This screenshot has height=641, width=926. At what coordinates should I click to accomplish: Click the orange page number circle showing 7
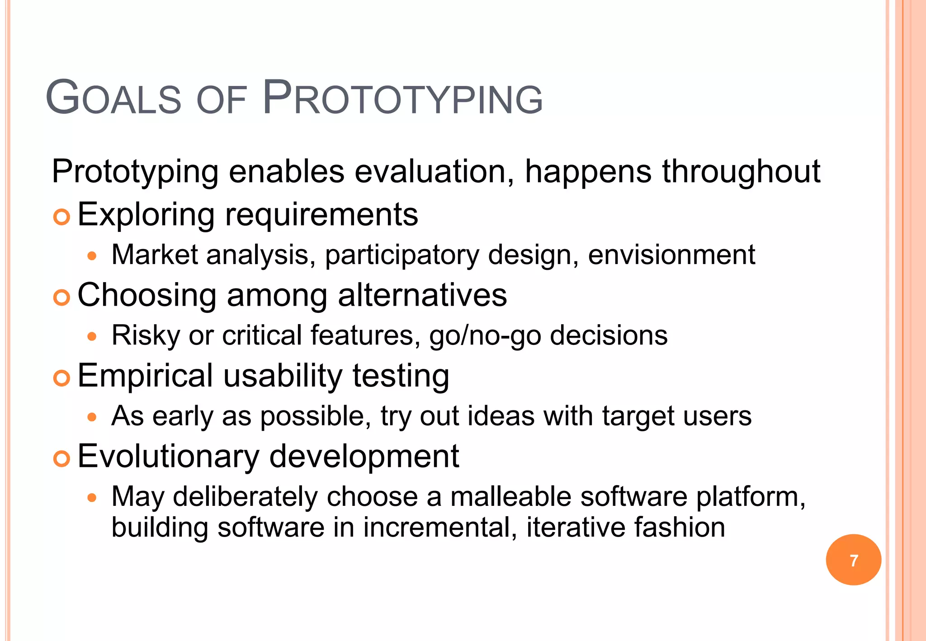853,560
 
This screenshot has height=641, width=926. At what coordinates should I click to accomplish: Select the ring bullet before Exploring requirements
61,217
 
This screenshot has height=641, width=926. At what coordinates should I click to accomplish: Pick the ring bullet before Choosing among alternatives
61,298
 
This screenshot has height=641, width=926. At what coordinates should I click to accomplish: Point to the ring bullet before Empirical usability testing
61,378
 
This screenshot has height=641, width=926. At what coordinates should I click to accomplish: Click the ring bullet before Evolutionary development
61,459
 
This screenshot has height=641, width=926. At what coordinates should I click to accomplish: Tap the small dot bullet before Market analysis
92,256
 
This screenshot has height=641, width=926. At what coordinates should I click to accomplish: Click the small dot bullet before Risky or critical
92,337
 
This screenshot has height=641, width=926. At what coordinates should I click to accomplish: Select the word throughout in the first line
741,172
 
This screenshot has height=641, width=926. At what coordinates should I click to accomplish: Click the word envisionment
671,255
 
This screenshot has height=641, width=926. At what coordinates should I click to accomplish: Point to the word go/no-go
485,336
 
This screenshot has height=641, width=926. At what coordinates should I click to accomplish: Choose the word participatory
402,255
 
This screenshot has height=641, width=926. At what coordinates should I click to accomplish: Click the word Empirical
145,376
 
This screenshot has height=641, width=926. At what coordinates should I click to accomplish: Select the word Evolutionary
168,457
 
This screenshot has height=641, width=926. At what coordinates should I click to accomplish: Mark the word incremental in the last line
439,527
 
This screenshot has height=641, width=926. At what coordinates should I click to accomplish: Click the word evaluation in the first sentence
434,172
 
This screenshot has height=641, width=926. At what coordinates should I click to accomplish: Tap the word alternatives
422,295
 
